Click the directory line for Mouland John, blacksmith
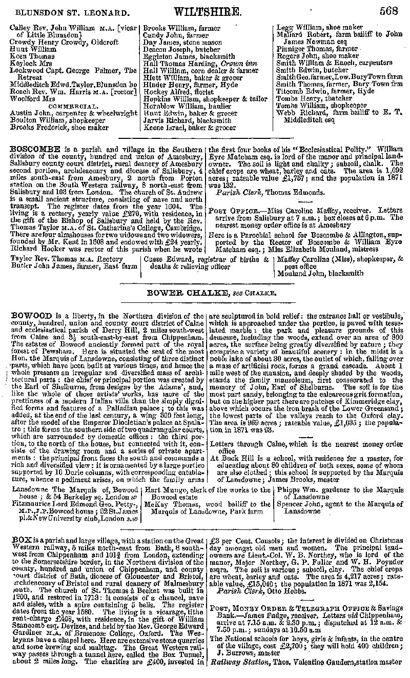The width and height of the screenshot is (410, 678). click(x=320, y=274)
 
